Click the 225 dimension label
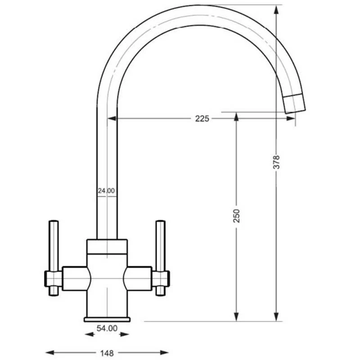point(202,119)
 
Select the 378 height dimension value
point(276,162)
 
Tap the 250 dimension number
point(237,216)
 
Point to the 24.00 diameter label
point(106,191)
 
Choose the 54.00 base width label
point(107,328)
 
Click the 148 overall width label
point(107,353)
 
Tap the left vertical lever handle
point(54,258)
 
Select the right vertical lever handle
point(161,258)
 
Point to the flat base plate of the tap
point(107,319)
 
